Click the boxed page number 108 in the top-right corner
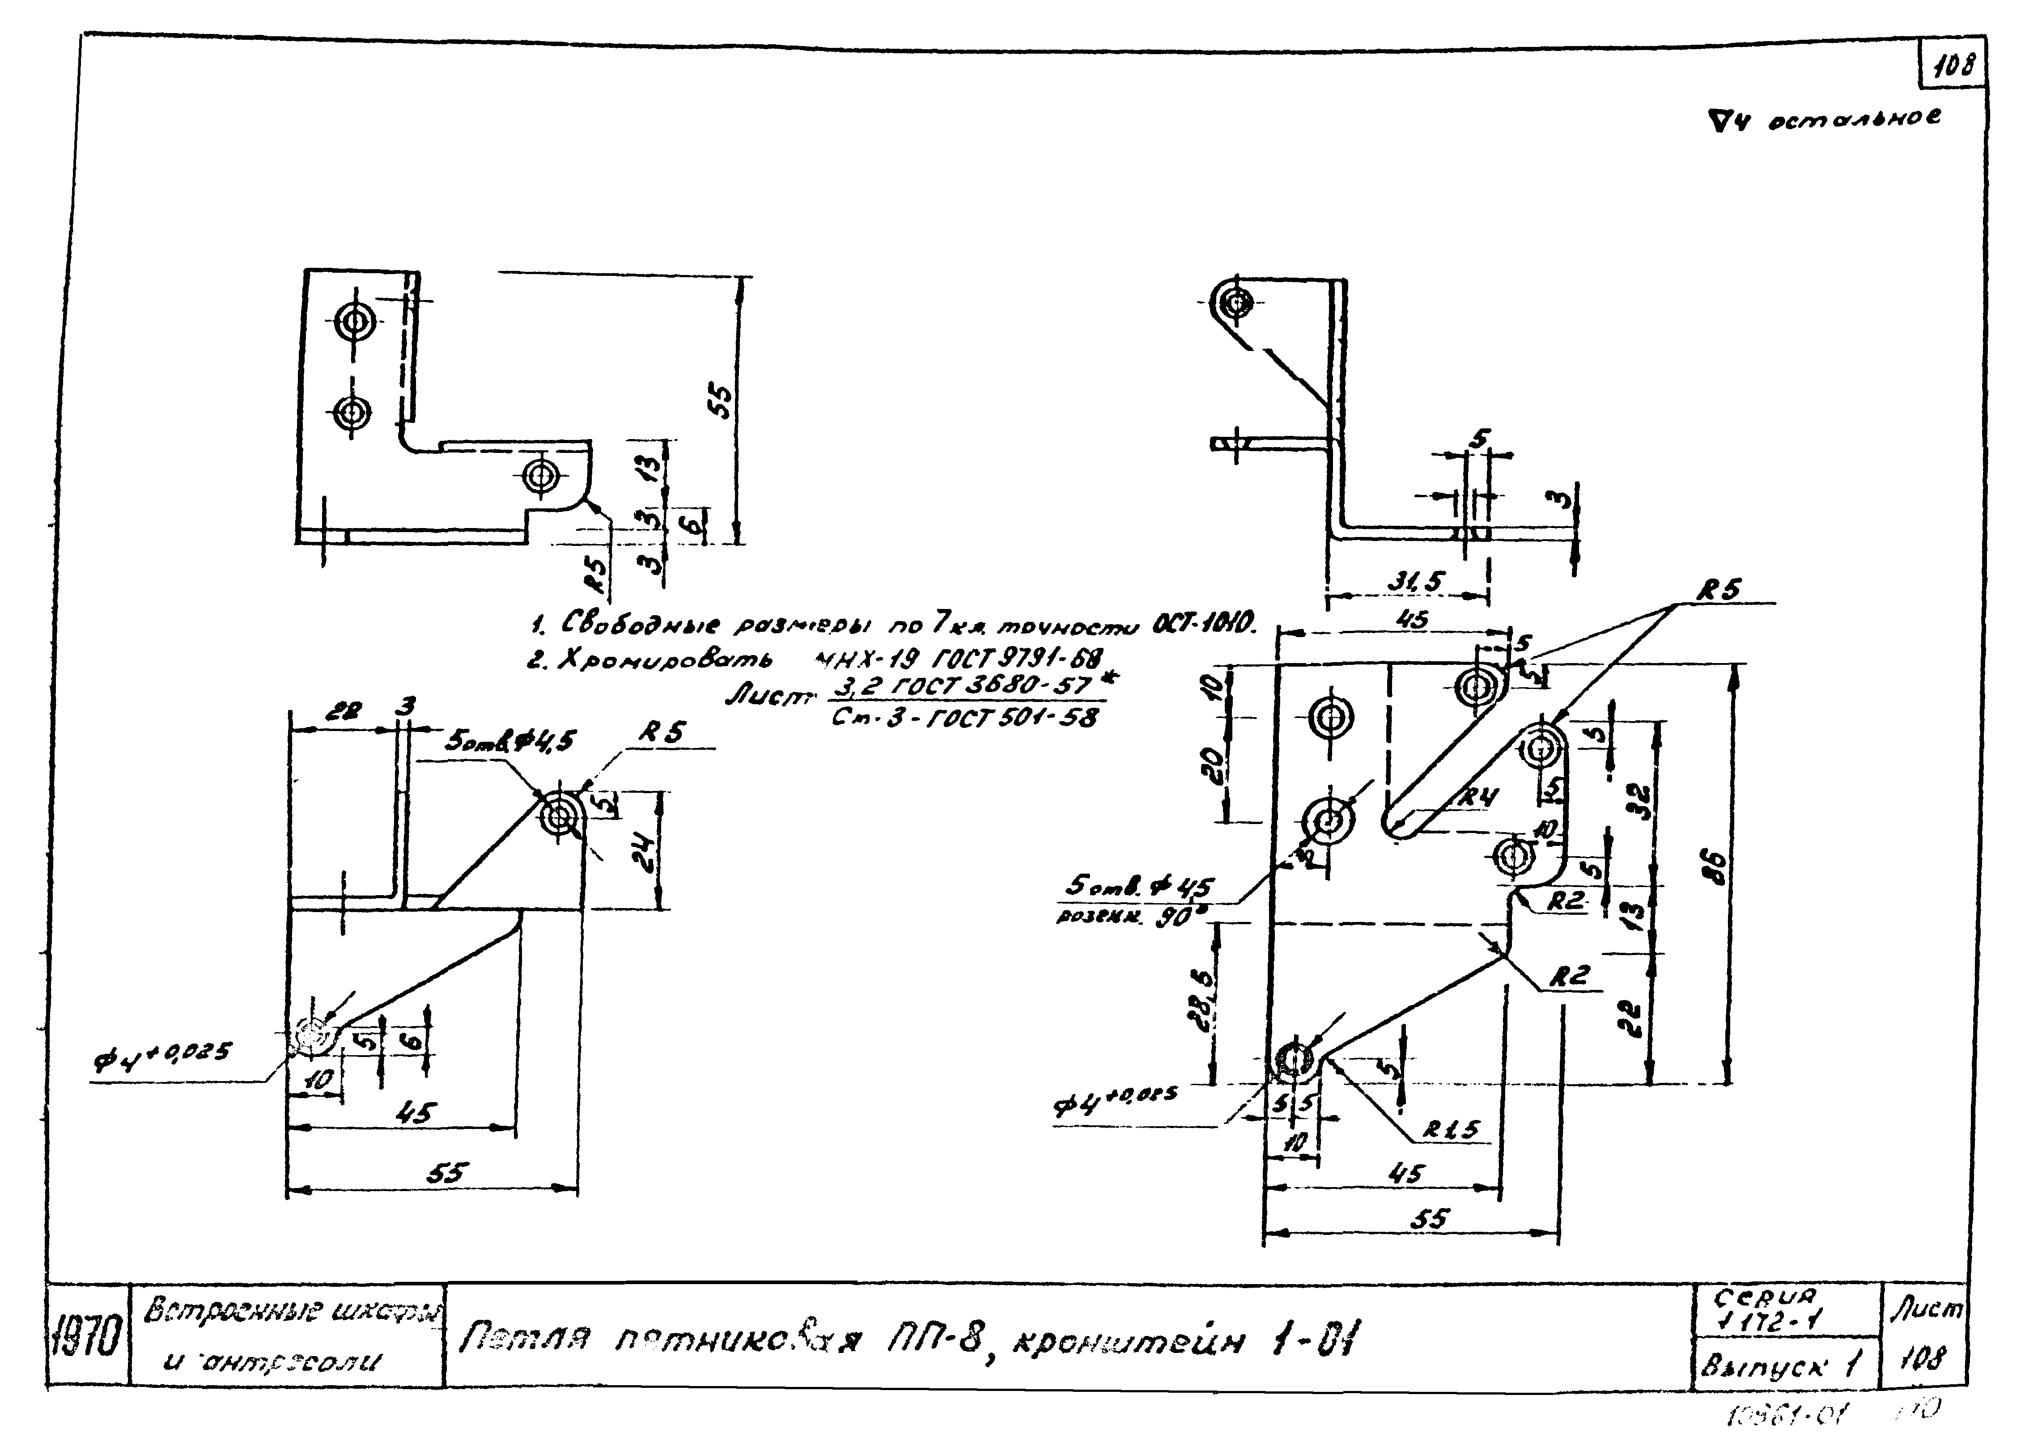(x=1953, y=65)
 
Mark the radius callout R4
(x=1477, y=797)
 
